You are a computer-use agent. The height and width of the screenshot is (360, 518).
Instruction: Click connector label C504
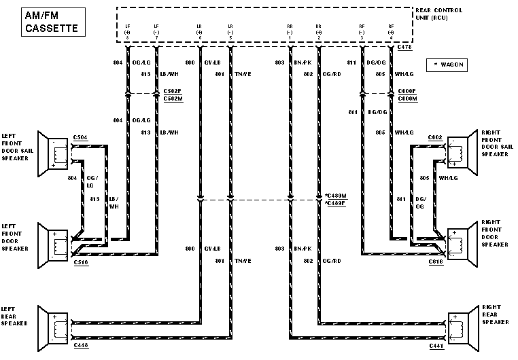[80, 138]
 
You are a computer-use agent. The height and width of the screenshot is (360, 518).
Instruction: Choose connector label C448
[80, 346]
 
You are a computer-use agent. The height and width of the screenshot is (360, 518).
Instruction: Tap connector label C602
[436, 138]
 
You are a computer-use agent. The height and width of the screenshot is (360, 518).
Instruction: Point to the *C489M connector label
[335, 196]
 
